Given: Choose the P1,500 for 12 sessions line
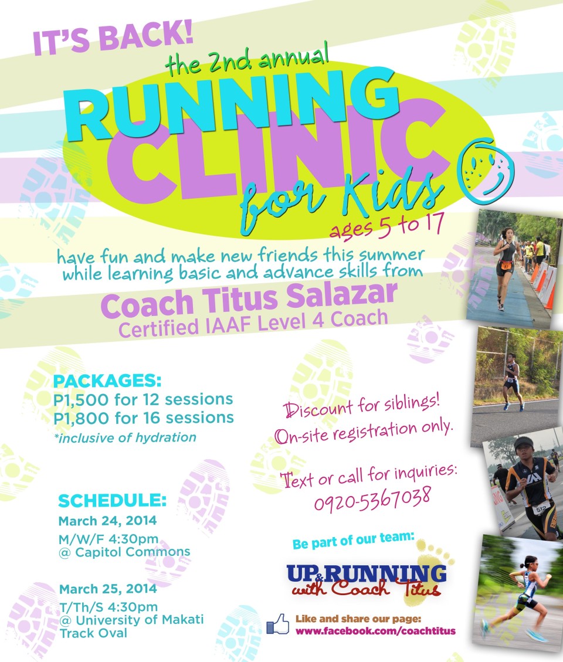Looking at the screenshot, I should pos(143,400).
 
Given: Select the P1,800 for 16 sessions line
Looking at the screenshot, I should pos(143,418).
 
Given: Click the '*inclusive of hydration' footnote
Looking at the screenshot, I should pos(124,437).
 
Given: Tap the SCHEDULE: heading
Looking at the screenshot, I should pos(113,501).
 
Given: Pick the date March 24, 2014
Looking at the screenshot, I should pos(107,521).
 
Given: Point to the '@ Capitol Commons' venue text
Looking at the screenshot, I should pos(124,552).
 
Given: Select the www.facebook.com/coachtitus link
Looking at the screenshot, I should pos(375,631).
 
